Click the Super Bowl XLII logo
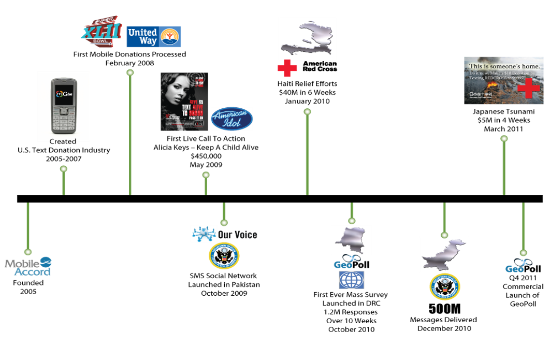pos(101,32)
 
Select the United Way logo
pos(153,37)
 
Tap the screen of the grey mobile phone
pos(63,94)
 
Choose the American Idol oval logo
pos(231,119)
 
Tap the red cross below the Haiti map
pos(287,68)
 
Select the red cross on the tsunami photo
pos(528,89)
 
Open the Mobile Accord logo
pos(28,266)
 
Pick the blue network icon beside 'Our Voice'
pos(204,234)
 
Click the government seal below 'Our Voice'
pos(224,256)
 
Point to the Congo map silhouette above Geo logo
pos(351,239)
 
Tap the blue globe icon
pos(351,280)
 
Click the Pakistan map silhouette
pos(444,254)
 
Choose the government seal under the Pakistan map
pos(444,287)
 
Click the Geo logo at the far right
pos(518,266)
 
